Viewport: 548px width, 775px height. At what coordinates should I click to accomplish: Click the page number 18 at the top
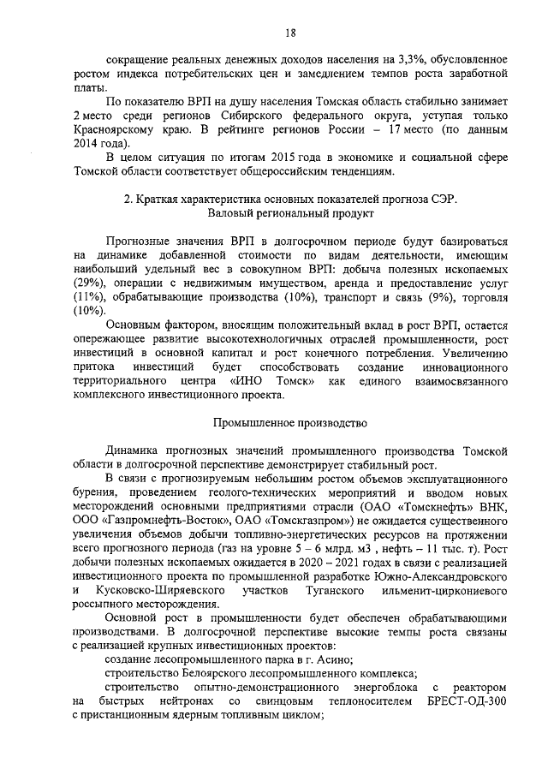[x=290, y=33]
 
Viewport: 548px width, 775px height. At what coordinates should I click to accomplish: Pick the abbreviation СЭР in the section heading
[x=444, y=200]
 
